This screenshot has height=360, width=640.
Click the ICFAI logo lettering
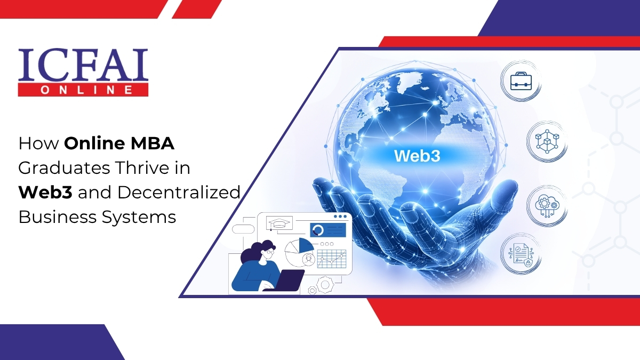tap(83, 65)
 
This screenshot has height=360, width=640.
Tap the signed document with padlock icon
tap(520, 253)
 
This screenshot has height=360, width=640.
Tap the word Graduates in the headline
tap(55, 169)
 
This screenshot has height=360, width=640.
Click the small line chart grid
tap(331, 258)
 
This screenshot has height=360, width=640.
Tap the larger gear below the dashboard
tap(325, 285)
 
